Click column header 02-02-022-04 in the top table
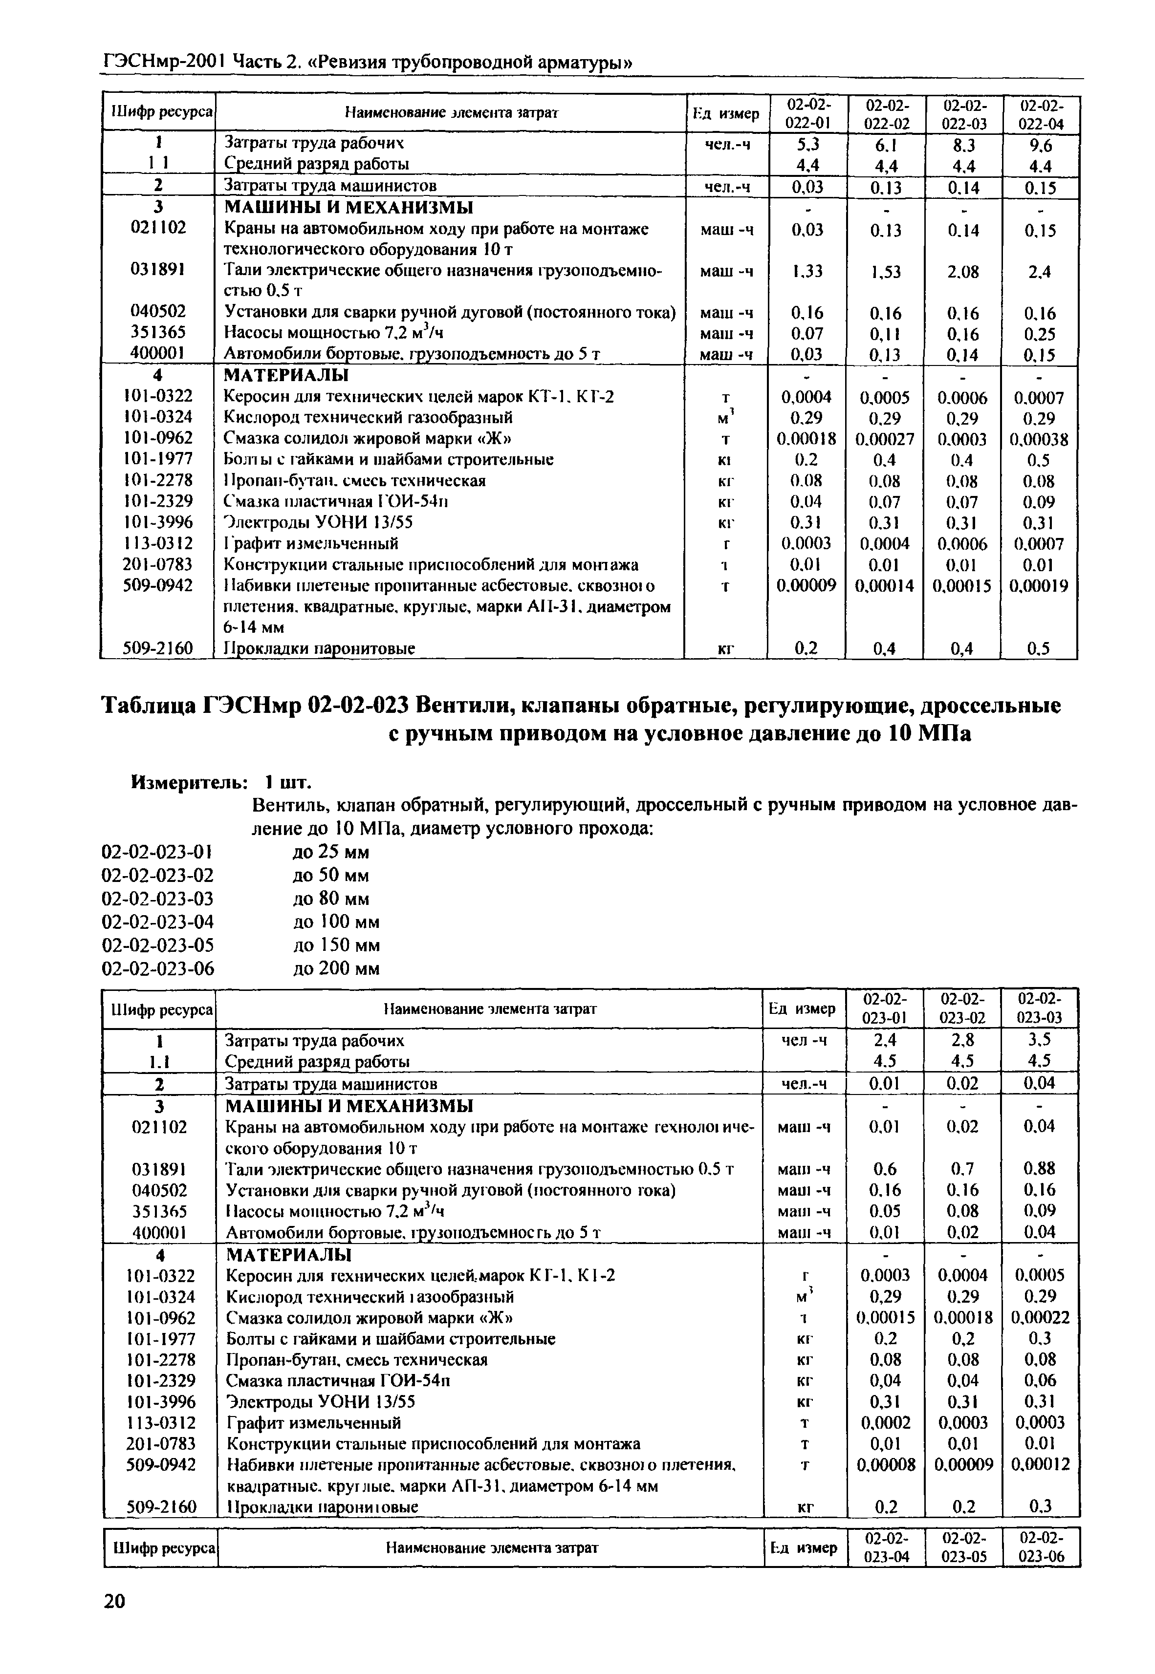pos(1041,114)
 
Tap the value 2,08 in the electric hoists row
pos(962,272)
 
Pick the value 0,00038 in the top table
pos(1039,439)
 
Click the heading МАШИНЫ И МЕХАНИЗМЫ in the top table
pos(349,208)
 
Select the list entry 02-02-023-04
pos(158,922)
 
